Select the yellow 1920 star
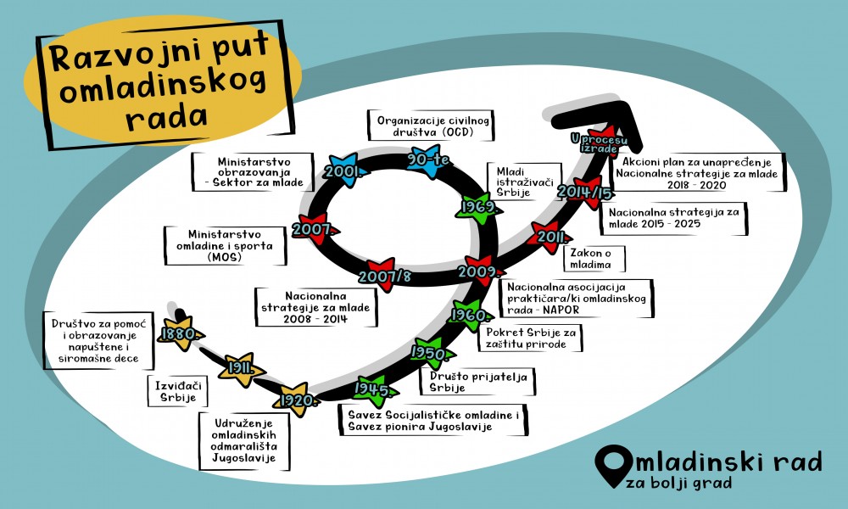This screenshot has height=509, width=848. (x=298, y=399)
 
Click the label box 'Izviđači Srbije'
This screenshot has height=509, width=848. (x=173, y=391)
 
